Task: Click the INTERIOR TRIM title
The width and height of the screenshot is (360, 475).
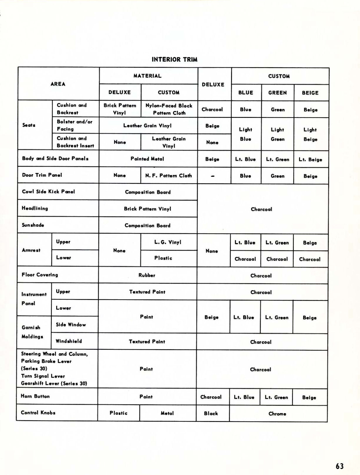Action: pos(175,60)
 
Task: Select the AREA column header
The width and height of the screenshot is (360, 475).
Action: pos(58,84)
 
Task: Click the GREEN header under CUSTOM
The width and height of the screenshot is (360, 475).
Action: pos(277,93)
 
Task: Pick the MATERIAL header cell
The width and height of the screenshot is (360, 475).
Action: pos(148,76)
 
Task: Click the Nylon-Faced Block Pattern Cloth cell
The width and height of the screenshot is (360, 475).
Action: pos(169,109)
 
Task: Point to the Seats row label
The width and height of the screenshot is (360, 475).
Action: pos(29,125)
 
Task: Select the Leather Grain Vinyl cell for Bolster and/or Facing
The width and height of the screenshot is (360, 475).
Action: pos(147,125)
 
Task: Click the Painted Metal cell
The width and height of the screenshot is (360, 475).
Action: pos(147,159)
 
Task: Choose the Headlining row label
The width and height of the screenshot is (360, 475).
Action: pos(35,208)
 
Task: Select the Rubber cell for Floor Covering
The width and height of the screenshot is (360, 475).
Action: pos(147,275)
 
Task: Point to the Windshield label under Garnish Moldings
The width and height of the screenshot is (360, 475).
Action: pos(69,341)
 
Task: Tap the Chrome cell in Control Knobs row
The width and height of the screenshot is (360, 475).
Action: pos(277,414)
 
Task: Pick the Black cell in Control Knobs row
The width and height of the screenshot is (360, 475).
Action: pos(211,413)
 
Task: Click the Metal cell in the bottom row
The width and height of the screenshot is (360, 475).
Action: pos(167,413)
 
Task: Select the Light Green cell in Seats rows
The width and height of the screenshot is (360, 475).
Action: pos(277,134)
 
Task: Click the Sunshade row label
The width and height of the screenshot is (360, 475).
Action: pos(33,225)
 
